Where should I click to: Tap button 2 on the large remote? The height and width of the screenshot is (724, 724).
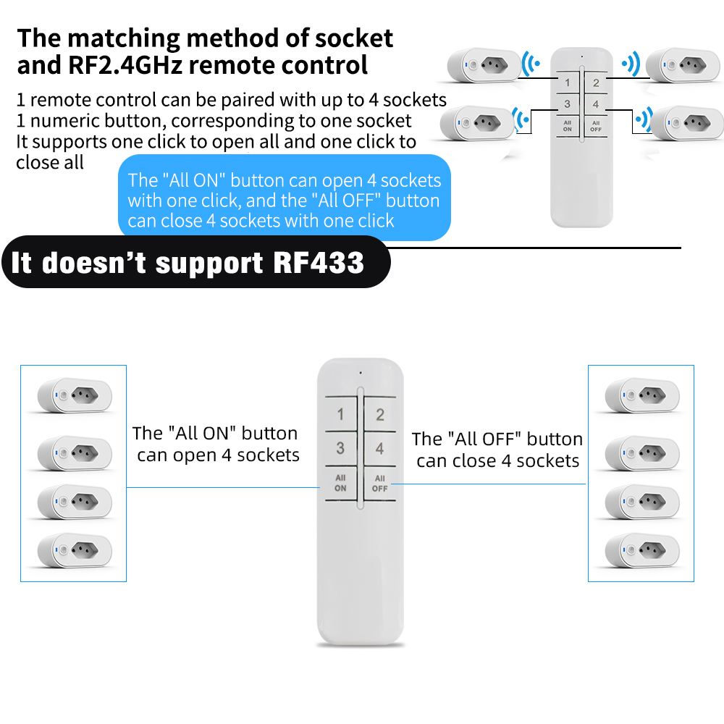(380, 416)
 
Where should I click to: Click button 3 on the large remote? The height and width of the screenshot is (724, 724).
(340, 449)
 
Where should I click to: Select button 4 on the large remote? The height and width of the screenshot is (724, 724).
(380, 449)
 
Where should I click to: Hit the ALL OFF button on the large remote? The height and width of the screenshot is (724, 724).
(380, 484)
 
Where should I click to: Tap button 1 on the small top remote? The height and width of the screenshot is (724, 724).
(568, 83)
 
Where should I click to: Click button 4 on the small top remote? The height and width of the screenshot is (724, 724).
(596, 105)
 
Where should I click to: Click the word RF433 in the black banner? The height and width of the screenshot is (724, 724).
(319, 262)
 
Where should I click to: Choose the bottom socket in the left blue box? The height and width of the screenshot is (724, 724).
(75, 550)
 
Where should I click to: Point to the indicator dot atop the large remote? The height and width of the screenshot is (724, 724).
(360, 374)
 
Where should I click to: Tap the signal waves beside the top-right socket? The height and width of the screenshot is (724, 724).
(631, 64)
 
